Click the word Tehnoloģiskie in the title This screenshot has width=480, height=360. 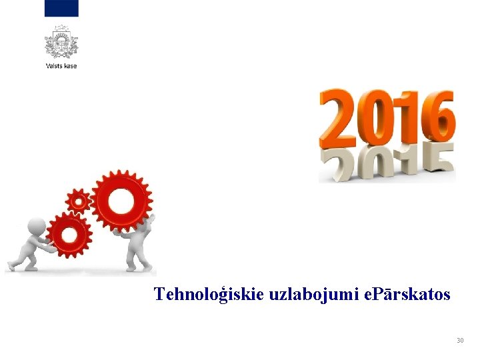(x=209, y=294)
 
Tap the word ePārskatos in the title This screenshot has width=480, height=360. (x=409, y=294)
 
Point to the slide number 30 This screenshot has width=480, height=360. (x=460, y=341)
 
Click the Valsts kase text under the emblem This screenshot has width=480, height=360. (x=61, y=66)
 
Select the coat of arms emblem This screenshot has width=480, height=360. (x=61, y=42)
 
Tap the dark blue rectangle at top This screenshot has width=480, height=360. (x=61, y=8)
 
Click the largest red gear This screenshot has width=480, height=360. (x=121, y=201)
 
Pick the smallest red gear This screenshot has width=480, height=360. (x=79, y=200)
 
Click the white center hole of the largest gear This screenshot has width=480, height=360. (x=121, y=201)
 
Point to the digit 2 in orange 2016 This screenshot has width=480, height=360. (x=339, y=120)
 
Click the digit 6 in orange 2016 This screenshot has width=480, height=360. (x=437, y=120)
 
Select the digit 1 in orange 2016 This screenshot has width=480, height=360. (x=407, y=120)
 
